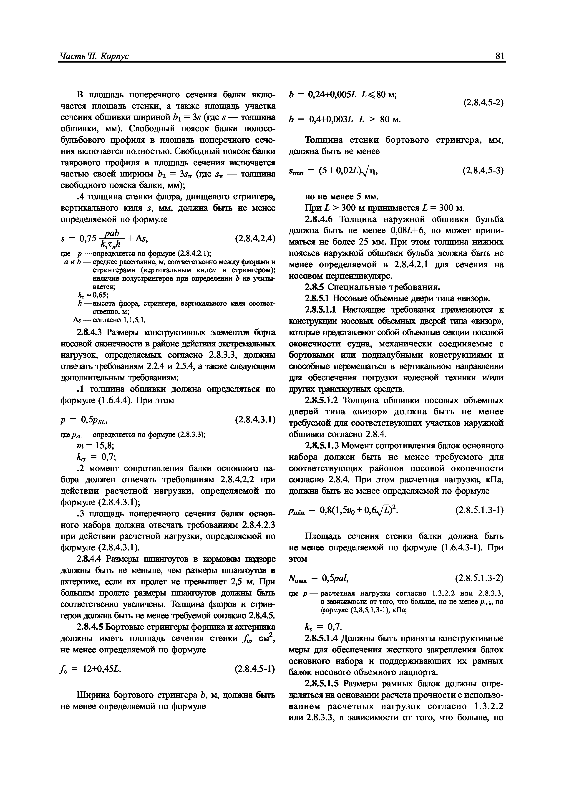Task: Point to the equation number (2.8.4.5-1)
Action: click(254, 668)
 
